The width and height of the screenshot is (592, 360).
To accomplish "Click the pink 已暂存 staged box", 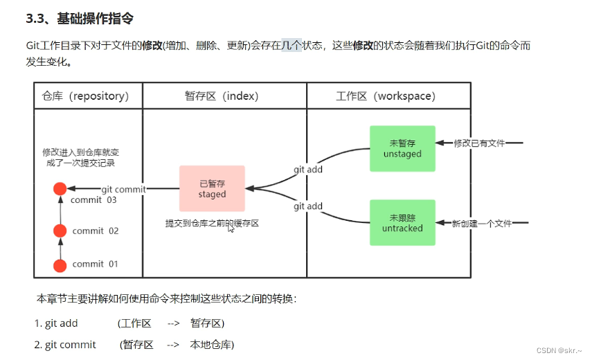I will point(212,188).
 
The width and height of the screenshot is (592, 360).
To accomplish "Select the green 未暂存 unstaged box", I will point(402,148).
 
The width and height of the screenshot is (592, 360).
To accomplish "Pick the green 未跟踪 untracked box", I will point(402,222).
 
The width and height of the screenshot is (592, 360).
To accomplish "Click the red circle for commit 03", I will point(60,188).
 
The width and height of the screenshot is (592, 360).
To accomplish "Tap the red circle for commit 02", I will point(60,231).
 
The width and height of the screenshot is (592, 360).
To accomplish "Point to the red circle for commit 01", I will point(60,264).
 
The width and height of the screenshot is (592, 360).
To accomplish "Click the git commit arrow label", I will point(123,189).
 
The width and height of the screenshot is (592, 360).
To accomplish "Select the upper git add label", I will point(308,170).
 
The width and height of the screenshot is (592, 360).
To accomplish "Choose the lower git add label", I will point(308,206).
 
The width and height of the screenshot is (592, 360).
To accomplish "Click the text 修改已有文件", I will point(478,143).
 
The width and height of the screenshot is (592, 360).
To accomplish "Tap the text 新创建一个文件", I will point(482,223).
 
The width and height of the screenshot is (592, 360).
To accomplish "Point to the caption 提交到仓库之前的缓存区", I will point(212,224).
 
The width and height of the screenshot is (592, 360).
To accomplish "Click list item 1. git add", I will point(57,323).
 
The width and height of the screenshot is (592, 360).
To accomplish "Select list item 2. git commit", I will point(65,344).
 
